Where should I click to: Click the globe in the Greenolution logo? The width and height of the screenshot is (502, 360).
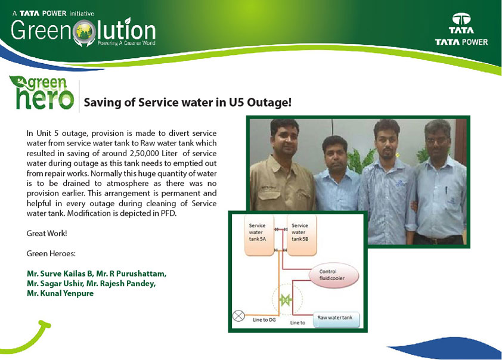coord(84,31)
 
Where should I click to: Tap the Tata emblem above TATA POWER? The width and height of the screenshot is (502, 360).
coord(461,19)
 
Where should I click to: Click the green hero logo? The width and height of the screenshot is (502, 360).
coord(42,93)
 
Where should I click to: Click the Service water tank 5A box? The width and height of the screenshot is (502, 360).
coord(259,235)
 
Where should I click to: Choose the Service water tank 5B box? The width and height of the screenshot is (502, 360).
coord(302,235)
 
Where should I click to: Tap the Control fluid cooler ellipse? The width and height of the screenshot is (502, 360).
coord(333,275)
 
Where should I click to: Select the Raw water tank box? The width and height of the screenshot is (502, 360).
coord(336,319)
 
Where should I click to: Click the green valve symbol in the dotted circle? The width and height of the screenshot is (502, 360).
coord(285,300)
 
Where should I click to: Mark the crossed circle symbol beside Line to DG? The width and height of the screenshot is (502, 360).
coord(238,316)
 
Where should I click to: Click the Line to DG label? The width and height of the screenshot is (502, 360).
coord(264,319)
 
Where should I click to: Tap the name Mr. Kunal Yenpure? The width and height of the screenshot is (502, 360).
coord(60,293)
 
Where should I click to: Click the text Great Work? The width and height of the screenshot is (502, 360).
coord(47,233)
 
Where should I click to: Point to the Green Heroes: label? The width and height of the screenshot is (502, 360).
coord(51,253)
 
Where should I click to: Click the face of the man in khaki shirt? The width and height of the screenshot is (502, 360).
coord(284,138)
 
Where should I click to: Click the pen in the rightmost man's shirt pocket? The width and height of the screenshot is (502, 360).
coord(446,191)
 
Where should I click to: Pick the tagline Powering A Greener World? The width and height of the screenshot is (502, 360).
coord(126,43)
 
